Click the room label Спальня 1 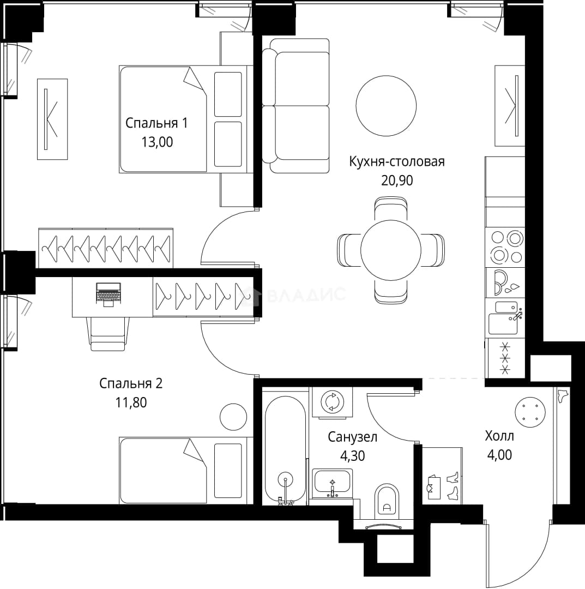pyautogui.click(x=156, y=123)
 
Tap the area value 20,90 pyautogui.click(x=397, y=181)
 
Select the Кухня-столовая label pyautogui.click(x=397, y=161)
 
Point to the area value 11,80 pyautogui.click(x=131, y=402)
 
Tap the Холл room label pyautogui.click(x=499, y=436)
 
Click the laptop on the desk pyautogui.click(x=108, y=294)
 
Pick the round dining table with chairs pyautogui.click(x=391, y=250)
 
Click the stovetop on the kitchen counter pyautogui.click(x=505, y=247)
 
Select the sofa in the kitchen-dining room pyautogui.click(x=295, y=106)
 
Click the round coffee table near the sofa pyautogui.click(x=386, y=106)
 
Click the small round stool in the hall pyautogui.click(x=530, y=412)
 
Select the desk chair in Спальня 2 pyautogui.click(x=108, y=334)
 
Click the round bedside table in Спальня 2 pyautogui.click(x=233, y=417)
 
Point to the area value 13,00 pyautogui.click(x=157, y=142)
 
